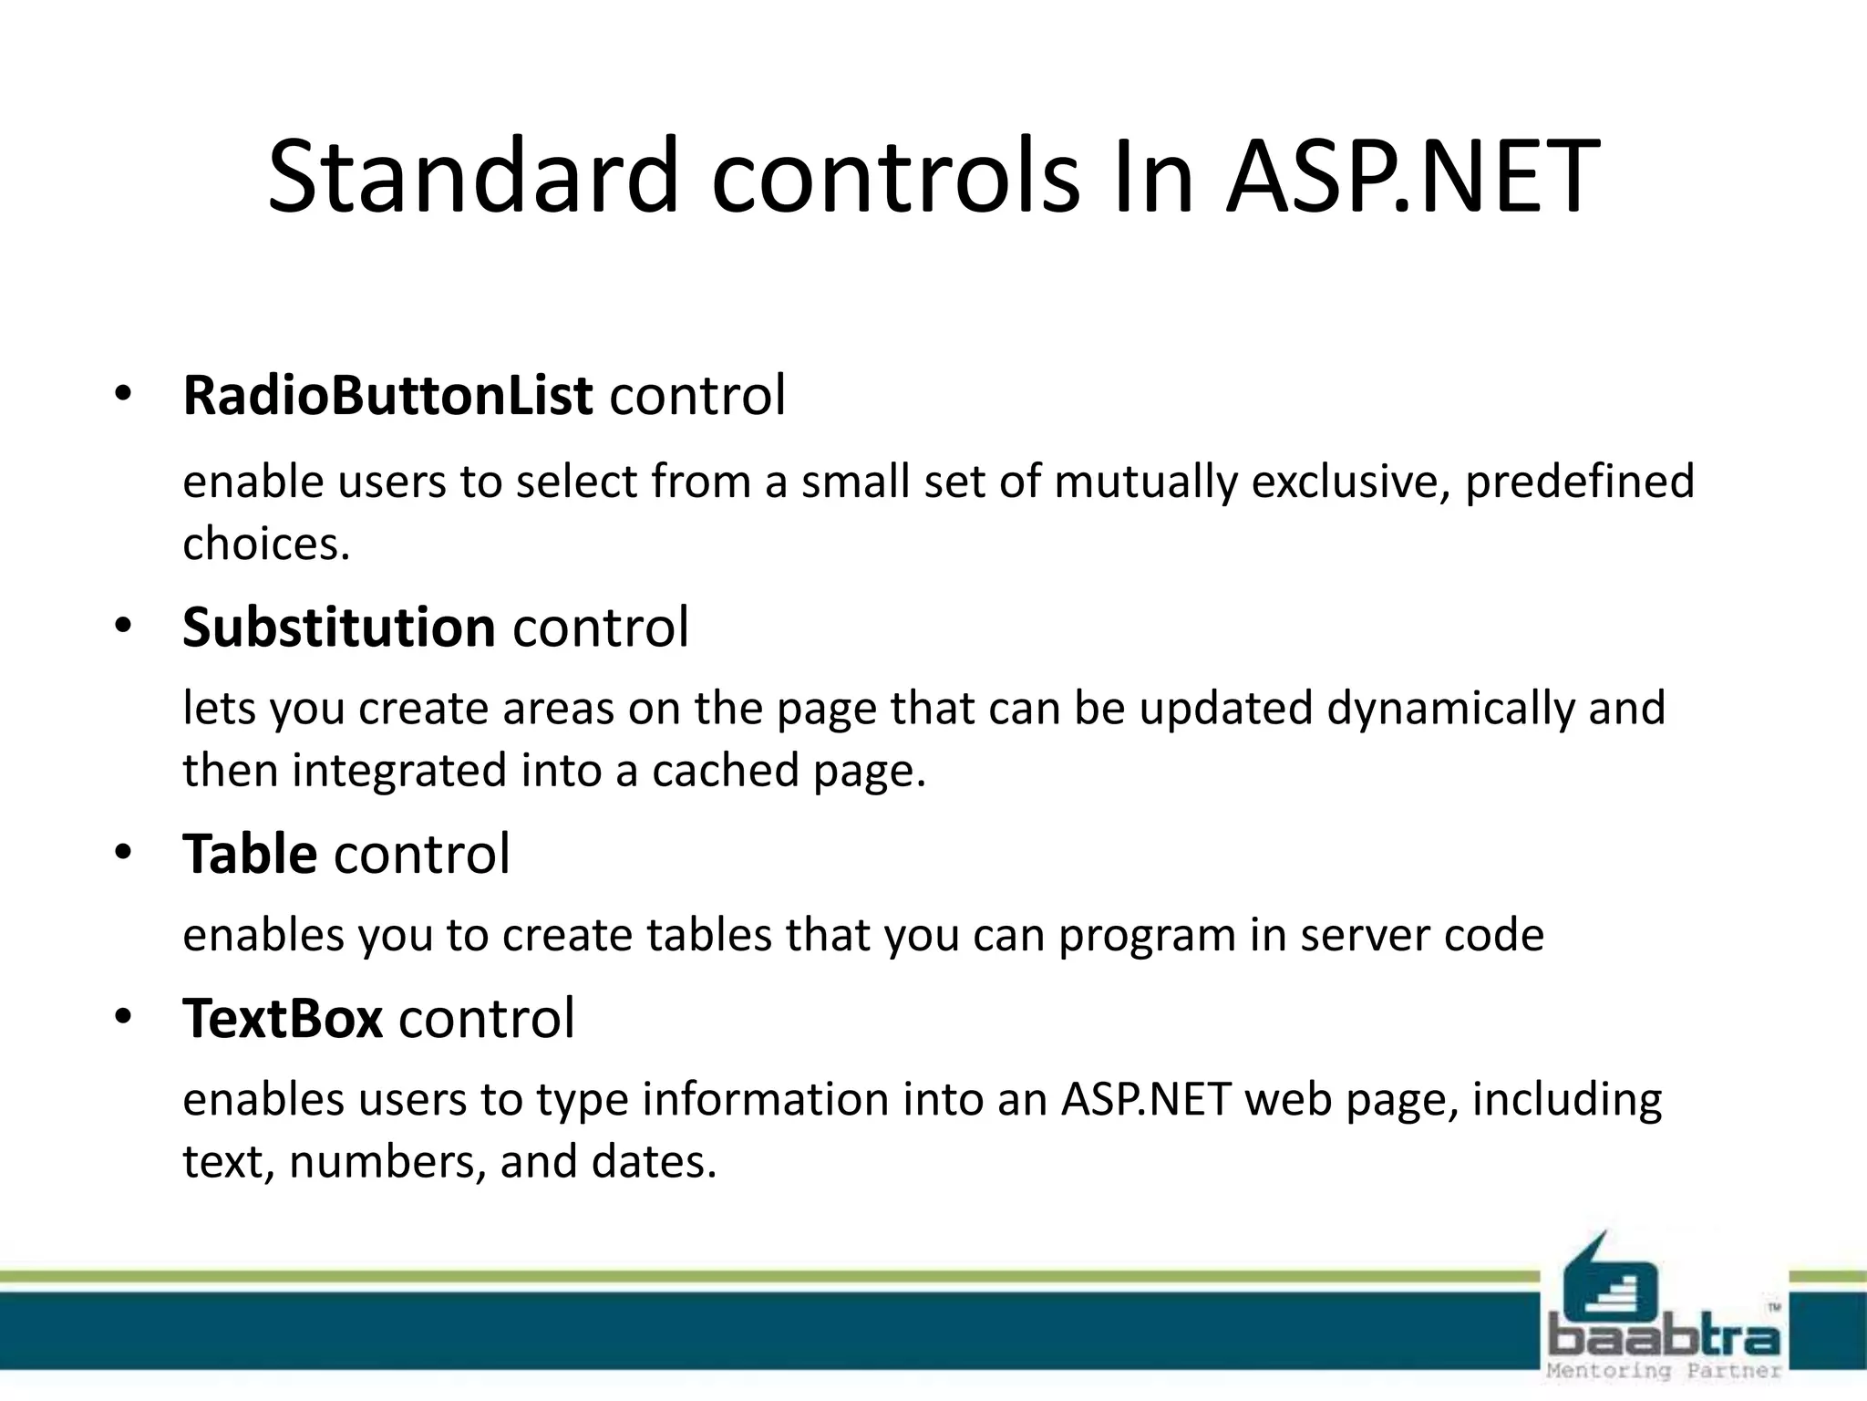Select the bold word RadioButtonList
tap(387, 396)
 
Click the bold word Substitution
tap(338, 628)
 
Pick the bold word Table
tap(250, 855)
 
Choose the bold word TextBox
tap(283, 1019)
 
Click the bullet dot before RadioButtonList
tap(124, 396)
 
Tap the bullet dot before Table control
tap(124, 854)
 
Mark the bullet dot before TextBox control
tap(124, 1018)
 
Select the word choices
tap(266, 545)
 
